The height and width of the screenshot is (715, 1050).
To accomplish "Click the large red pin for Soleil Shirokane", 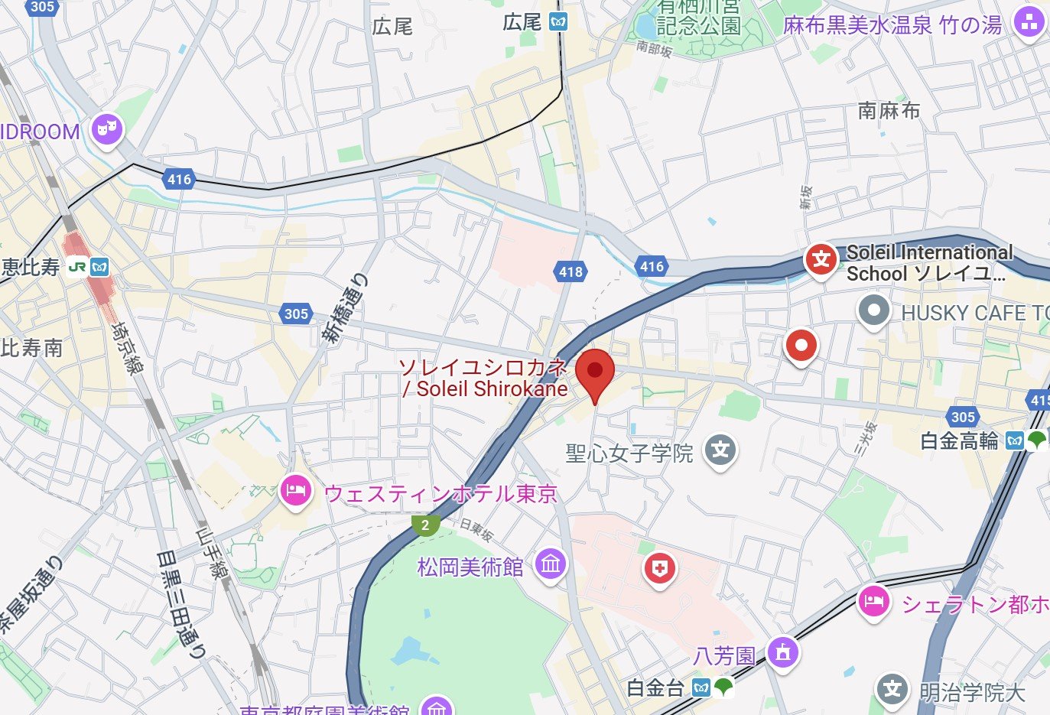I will [x=595, y=372].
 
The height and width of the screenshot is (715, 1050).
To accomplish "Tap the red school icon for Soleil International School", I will [x=821, y=259].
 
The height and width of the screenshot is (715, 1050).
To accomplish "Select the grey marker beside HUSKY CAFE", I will [x=873, y=310].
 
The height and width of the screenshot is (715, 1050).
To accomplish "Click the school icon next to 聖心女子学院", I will [x=720, y=450].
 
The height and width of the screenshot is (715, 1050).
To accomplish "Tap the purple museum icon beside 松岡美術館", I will [x=551, y=565].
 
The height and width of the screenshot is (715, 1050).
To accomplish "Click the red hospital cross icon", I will [x=659, y=568].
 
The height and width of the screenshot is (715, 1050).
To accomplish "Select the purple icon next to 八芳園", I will [x=782, y=653].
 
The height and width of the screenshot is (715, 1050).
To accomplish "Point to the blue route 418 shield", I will [x=571, y=271].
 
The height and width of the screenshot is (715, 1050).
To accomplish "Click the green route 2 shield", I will [x=425, y=525].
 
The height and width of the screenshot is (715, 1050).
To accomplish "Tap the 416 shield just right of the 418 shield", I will [x=652, y=266].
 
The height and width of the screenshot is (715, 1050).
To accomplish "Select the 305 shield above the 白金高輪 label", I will [x=963, y=417].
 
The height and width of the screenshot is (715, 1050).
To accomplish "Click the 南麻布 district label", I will [x=889, y=111].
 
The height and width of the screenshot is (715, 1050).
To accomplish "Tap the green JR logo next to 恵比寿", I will [x=77, y=267].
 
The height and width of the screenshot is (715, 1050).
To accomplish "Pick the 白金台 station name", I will [x=655, y=688].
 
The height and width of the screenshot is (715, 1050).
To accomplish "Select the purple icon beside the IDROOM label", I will [x=107, y=130].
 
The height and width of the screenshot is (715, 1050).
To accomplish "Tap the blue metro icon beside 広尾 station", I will [x=559, y=22].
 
